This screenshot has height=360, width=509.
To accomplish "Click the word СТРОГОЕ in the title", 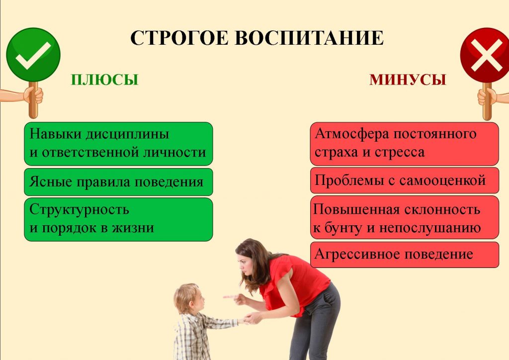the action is click(x=179, y=38).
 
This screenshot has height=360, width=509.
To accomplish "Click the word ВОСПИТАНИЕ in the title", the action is click(x=309, y=38).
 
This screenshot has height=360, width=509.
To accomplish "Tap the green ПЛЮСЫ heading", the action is click(x=104, y=80).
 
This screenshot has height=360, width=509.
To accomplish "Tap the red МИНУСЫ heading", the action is click(x=408, y=80).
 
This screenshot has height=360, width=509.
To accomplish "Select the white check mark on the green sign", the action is click(x=33, y=55).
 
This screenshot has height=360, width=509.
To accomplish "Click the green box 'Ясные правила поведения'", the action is click(x=118, y=182).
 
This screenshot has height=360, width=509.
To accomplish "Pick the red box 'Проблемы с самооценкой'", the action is click(x=405, y=180).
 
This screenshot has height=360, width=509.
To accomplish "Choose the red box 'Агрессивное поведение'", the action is click(x=405, y=255).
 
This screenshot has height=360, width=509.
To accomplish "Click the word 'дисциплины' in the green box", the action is click(x=127, y=134).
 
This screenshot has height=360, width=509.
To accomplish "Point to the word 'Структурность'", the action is click(x=79, y=210).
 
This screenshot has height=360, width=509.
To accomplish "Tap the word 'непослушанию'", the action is click(x=430, y=228).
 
